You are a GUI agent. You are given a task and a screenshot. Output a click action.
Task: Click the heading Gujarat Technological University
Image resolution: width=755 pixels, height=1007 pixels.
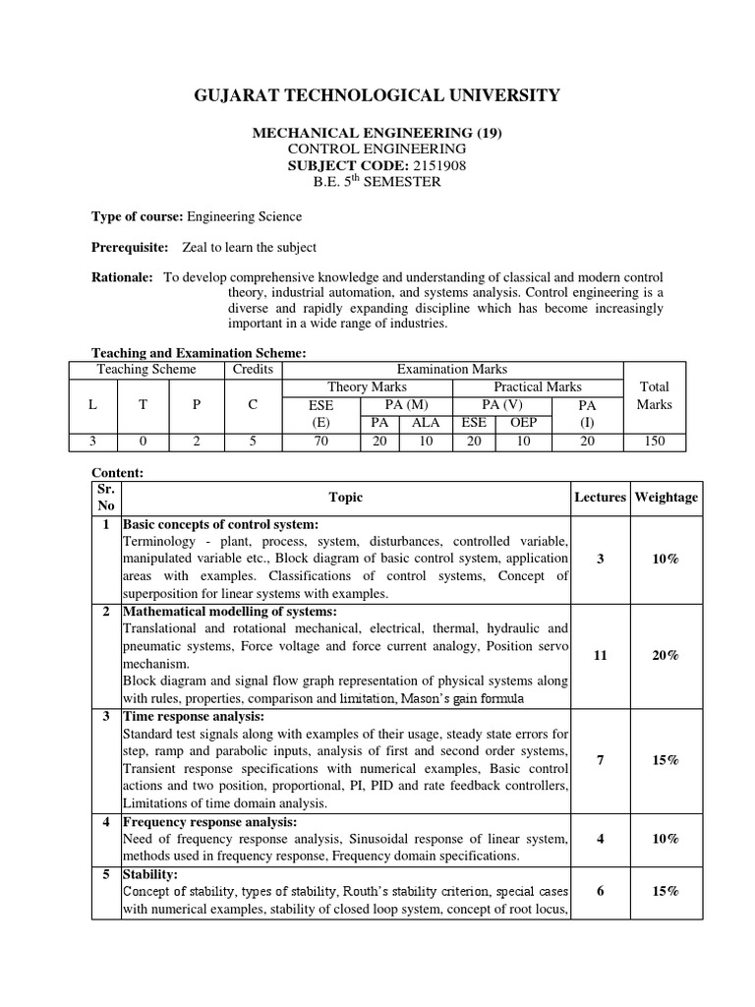point(377,95)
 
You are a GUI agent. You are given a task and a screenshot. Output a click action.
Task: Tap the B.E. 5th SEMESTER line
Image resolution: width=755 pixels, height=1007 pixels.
point(377,183)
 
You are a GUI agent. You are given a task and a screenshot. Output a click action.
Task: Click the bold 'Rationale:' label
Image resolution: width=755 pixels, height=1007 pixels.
point(122,278)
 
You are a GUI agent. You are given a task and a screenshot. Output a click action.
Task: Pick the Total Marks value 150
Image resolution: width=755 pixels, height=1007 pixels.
point(654,442)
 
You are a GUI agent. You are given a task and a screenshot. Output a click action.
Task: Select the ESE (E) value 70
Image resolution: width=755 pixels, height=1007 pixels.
point(320,442)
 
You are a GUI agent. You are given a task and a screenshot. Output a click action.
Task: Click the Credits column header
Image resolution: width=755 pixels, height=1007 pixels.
point(252,370)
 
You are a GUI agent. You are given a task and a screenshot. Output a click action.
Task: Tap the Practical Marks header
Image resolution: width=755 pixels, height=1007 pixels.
point(538,387)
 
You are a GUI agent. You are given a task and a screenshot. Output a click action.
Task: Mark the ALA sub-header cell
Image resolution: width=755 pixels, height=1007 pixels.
point(425,423)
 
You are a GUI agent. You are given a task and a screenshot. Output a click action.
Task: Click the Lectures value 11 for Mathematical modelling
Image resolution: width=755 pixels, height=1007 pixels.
point(600,655)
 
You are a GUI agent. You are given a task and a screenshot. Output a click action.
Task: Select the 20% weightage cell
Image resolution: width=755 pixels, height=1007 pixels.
point(666,655)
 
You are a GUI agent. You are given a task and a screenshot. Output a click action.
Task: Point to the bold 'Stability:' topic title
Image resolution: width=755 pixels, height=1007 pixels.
point(149,873)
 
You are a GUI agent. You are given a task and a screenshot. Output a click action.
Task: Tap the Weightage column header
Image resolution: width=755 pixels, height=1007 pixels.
point(666,498)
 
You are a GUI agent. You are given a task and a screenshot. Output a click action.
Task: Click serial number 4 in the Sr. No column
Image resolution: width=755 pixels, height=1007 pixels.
point(105,821)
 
